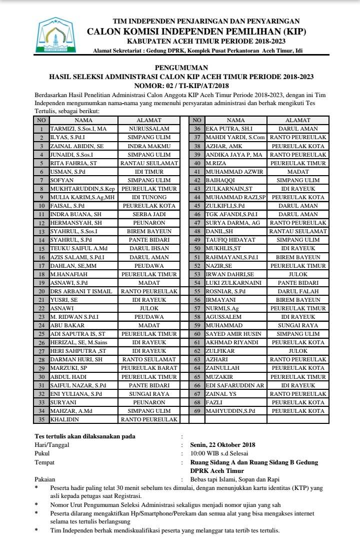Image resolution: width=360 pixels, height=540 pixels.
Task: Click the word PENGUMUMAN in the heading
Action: point(181,68)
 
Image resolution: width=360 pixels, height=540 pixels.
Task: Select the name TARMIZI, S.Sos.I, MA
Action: point(78,129)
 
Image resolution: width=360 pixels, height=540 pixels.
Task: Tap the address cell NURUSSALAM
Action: point(149,129)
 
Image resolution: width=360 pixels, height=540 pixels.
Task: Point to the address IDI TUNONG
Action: point(149,197)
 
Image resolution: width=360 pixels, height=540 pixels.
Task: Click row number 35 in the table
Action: point(41,419)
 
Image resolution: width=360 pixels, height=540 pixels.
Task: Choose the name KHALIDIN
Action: point(66,419)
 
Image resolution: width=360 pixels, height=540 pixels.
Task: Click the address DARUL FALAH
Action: point(298,291)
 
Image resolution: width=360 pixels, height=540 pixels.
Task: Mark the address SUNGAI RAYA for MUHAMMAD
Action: point(298,325)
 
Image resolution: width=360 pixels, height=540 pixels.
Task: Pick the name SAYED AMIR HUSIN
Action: point(234,334)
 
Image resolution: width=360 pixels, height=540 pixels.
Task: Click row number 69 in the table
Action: point(197,411)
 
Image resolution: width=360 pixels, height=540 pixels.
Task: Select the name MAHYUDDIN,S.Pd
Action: point(230,411)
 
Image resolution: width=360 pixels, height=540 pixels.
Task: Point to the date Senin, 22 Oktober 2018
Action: point(222,444)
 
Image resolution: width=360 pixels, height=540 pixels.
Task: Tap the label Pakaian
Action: point(45,479)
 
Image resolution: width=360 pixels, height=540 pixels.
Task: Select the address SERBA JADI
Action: point(149,214)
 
